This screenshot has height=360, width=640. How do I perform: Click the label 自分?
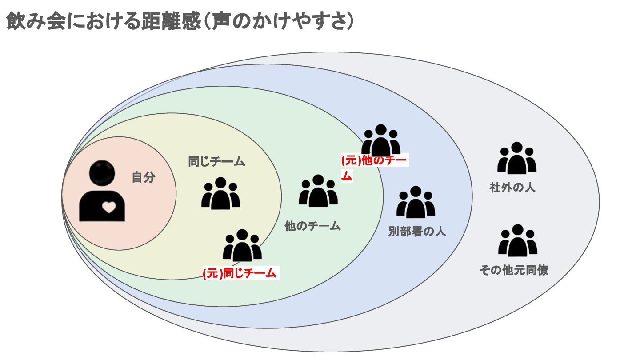[x=144, y=177]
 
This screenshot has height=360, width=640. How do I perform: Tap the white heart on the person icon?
[x=108, y=206]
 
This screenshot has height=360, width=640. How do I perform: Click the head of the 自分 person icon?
[x=102, y=173]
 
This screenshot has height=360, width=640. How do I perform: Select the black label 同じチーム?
[x=216, y=161]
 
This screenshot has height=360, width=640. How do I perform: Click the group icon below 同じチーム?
[x=220, y=194]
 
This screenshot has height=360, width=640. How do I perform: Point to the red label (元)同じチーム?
[x=240, y=273]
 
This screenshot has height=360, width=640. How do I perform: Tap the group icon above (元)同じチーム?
[x=242, y=246]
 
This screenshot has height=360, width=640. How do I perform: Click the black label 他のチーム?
[x=312, y=226]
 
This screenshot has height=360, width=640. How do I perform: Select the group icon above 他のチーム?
[x=318, y=192]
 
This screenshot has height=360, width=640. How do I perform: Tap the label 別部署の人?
[x=417, y=232]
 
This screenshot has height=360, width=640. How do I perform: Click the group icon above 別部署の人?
[x=416, y=203]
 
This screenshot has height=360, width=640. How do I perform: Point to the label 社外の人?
[x=512, y=188]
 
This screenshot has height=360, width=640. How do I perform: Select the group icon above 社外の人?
[x=516, y=158]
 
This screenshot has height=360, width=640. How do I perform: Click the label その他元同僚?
[x=513, y=270]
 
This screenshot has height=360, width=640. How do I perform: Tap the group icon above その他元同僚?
[x=517, y=241]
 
